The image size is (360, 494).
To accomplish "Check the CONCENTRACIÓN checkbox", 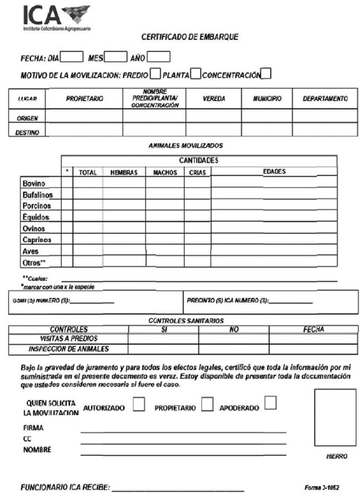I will pyautogui.click(x=266, y=74).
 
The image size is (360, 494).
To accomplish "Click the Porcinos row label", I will pyautogui.click(x=36, y=205).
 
